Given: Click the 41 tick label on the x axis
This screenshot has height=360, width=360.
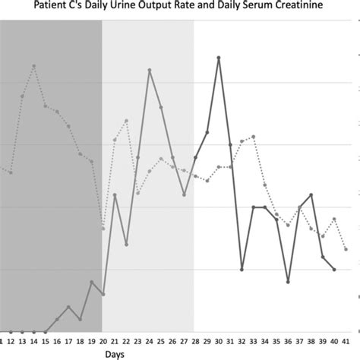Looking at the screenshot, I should point(346,341).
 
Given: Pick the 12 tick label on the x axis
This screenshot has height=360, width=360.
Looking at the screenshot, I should point(11,341).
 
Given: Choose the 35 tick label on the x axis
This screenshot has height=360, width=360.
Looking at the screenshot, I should point(276,341).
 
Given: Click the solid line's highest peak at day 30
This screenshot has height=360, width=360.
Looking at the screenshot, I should point(219,58).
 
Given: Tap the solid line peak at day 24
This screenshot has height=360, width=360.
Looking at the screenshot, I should point(150,70).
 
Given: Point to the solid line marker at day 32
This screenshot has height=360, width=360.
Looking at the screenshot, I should point(242,269).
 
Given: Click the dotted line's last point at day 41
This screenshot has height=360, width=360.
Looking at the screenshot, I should point(346,249).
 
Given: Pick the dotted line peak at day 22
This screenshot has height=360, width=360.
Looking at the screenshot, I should point(126,121).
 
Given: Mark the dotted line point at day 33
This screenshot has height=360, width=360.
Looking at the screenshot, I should point(254,137).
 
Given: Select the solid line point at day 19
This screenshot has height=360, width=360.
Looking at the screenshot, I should point(92,283).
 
